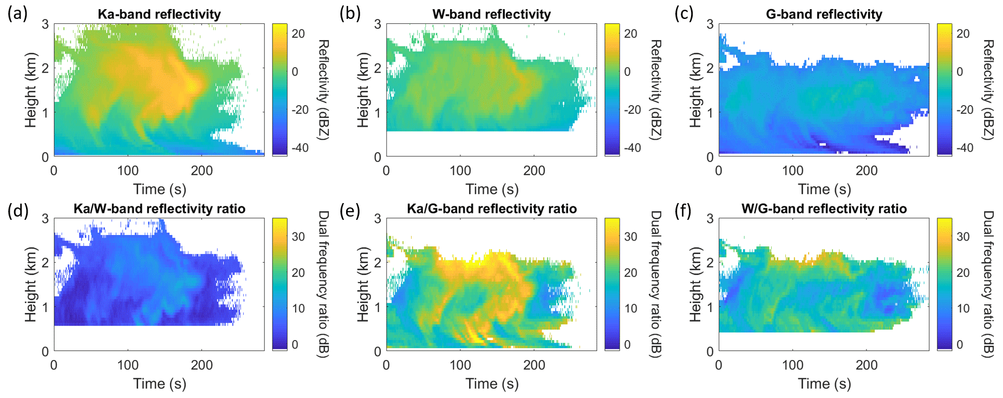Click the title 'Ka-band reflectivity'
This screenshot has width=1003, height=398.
click(159, 14)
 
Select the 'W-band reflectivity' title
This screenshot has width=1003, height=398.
click(491, 14)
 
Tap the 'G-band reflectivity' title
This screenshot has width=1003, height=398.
click(824, 14)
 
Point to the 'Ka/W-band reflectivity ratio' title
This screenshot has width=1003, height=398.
click(159, 208)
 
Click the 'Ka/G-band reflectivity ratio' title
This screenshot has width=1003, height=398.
click(491, 208)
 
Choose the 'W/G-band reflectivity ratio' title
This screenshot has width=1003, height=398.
click(824, 208)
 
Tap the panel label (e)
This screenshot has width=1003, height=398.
click(350, 210)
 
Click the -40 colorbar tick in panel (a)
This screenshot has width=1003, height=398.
click(299, 147)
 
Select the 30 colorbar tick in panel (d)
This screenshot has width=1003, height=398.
click(298, 237)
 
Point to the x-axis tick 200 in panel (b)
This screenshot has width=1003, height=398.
click(534, 171)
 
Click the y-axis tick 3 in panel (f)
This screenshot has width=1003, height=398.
click(711, 219)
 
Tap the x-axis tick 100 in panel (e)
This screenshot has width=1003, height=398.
click(460, 365)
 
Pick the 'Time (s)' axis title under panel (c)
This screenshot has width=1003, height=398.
click(824, 189)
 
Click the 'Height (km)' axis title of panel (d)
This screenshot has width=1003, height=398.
click(30, 284)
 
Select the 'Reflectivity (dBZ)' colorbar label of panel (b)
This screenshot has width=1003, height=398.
click(655, 90)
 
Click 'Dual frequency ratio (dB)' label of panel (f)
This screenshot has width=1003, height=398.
click(988, 284)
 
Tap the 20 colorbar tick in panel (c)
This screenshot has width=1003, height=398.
click(963, 34)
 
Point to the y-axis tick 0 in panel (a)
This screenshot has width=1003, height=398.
click(45, 157)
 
